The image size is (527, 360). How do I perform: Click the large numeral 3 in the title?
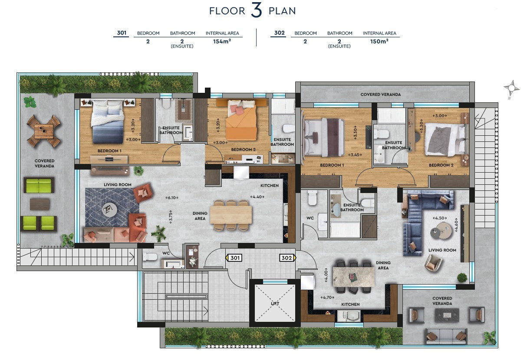click(x=257, y=11)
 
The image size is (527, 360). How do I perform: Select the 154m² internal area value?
click(x=222, y=41)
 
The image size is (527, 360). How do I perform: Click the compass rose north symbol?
click(x=511, y=88)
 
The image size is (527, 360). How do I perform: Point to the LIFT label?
click(x=275, y=304)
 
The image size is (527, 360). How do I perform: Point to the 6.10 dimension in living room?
click(x=172, y=198)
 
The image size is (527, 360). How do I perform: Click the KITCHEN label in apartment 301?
click(x=269, y=186)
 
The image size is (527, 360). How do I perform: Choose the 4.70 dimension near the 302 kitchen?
click(x=326, y=298)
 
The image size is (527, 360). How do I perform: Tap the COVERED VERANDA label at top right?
click(x=380, y=94)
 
